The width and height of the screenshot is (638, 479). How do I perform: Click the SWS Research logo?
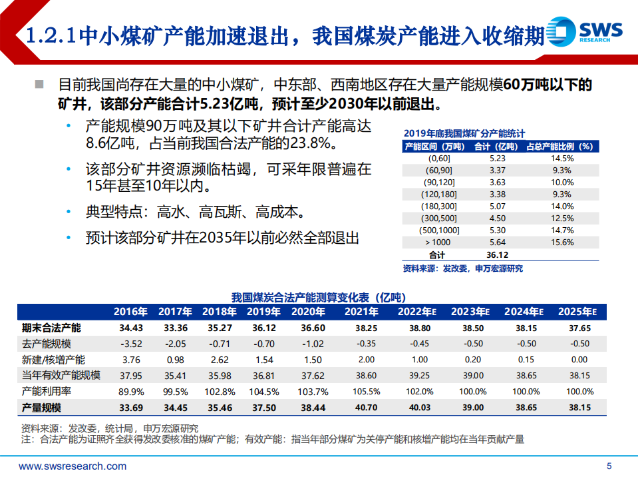pos(585,31)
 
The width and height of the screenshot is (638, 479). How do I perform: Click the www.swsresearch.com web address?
pos(73,466)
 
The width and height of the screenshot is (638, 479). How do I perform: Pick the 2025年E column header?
pos(578,311)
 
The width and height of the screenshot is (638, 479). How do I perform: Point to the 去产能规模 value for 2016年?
pos(131,344)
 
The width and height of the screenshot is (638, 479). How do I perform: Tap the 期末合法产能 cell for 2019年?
pos(263,328)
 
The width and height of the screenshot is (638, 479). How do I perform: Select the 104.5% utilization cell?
pos(263,391)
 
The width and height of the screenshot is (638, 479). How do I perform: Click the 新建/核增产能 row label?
pos(53,360)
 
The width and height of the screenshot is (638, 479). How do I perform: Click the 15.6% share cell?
pos(562,242)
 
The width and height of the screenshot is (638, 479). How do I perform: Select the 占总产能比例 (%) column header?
pos(559,146)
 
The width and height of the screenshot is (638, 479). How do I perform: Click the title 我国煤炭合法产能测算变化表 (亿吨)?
pos(319,296)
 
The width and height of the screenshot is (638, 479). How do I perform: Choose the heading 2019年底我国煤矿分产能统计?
pos(464,133)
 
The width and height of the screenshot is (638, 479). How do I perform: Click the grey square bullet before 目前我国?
pos(40,85)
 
